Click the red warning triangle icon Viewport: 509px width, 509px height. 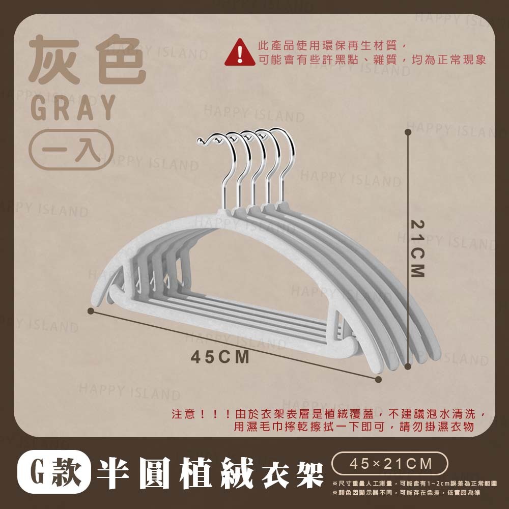(x=240, y=52)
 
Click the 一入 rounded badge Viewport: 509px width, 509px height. (x=71, y=150)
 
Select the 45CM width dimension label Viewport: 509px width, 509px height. (x=220, y=357)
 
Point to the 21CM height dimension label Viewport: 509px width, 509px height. (x=417, y=249)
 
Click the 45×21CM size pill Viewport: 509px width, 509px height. (x=390, y=464)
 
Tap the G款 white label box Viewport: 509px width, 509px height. (x=54, y=471)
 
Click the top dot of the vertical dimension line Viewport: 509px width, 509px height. (x=408, y=132)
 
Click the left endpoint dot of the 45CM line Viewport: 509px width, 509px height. (x=91, y=311)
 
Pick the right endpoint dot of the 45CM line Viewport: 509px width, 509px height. (x=378, y=379)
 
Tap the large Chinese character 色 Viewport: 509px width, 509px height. (x=121, y=60)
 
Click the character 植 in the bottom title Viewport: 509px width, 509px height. (x=196, y=473)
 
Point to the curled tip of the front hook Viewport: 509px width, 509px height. (x=200, y=140)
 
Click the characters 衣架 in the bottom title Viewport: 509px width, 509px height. (x=293, y=475)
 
